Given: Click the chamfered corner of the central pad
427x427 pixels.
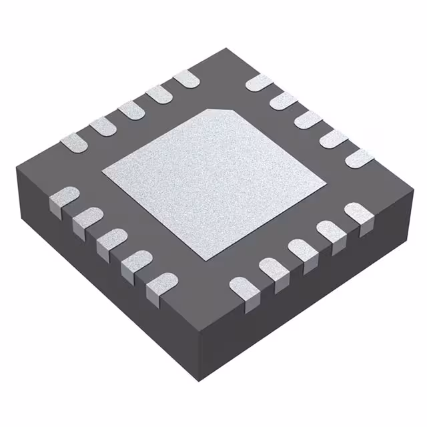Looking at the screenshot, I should pos(222,111).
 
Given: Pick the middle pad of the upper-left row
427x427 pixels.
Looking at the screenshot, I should pos(131,109).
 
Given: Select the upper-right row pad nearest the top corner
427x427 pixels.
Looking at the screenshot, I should pos(259,83).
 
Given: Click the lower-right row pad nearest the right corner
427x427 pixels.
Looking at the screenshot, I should pos(358,212).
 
